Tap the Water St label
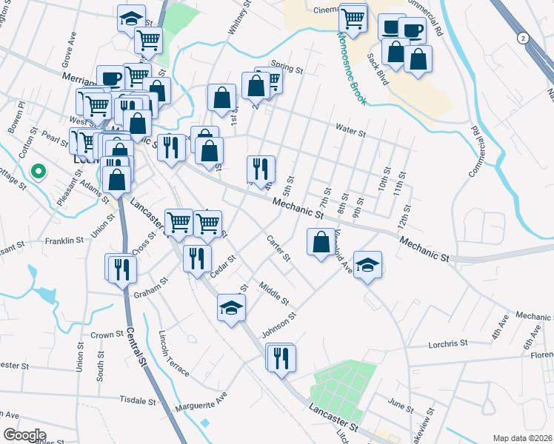pyautogui.click(x=351, y=130)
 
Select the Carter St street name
pyautogui.click(x=279, y=249)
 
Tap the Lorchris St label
pyautogui.click(x=449, y=343)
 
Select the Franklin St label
pyautogui.click(x=64, y=240)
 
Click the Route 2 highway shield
pyautogui.click(x=524, y=38)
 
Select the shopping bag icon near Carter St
pyautogui.click(x=320, y=242)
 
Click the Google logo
pyautogui.click(x=24, y=435)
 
